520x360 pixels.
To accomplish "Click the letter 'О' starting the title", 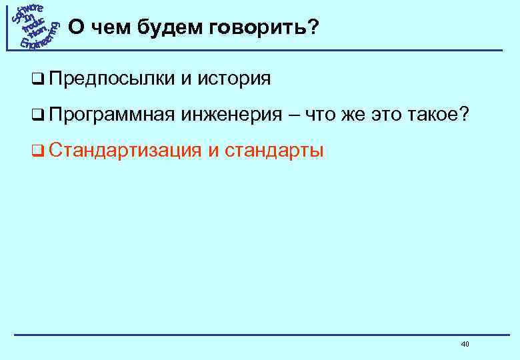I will coord(77,27).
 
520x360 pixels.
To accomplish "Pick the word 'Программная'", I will coord(111,115).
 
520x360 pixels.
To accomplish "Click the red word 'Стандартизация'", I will coord(124,151).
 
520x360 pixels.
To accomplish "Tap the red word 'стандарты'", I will coord(274,151).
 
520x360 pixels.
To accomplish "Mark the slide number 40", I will coord(465,344).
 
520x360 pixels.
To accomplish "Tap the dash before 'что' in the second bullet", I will coord(294,115).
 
